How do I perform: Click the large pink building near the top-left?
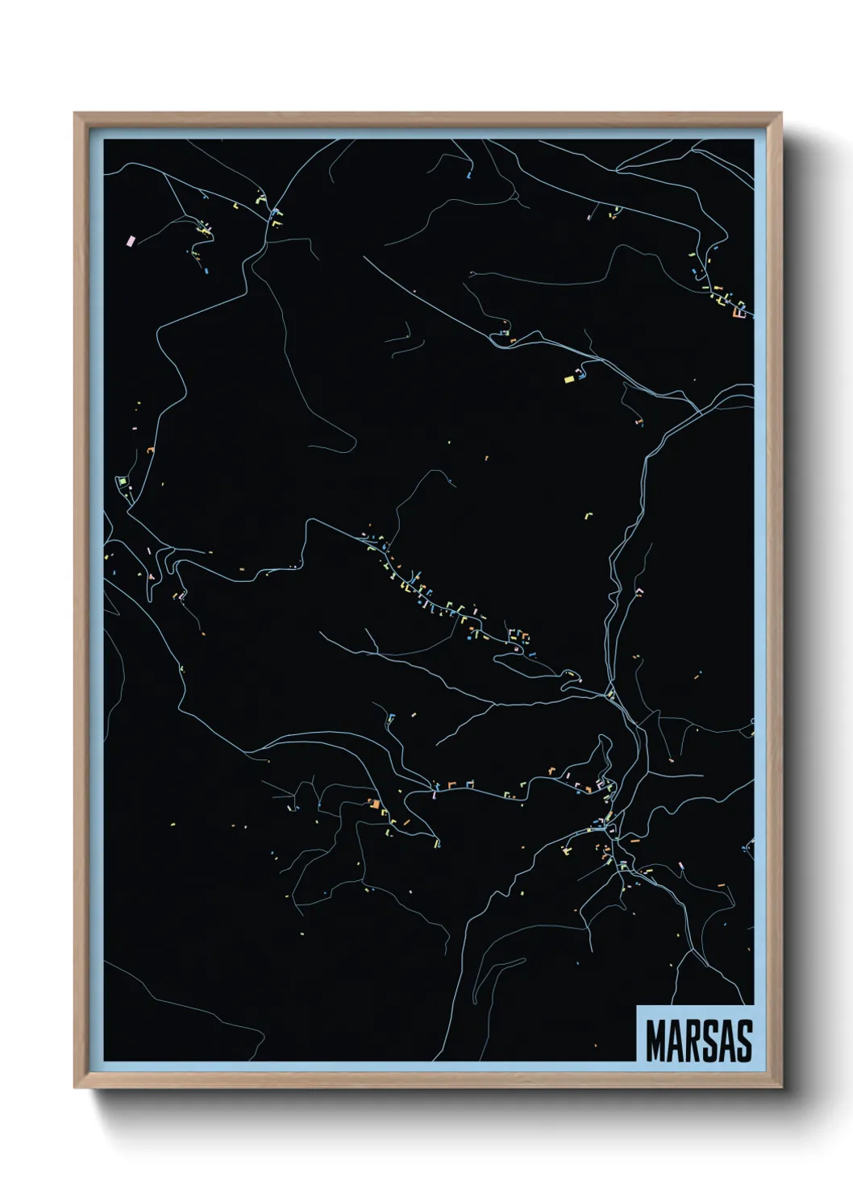pos(131,240)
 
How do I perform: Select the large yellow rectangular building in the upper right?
pos(568,376)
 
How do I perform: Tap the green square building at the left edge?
pos(123,482)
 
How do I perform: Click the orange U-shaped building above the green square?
pos(150,450)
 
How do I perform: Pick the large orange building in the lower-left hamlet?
pos(373,803)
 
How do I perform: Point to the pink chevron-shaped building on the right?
pos(641,591)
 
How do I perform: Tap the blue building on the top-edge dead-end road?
pos(469,173)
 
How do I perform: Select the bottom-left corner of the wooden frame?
pos(76,1087)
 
